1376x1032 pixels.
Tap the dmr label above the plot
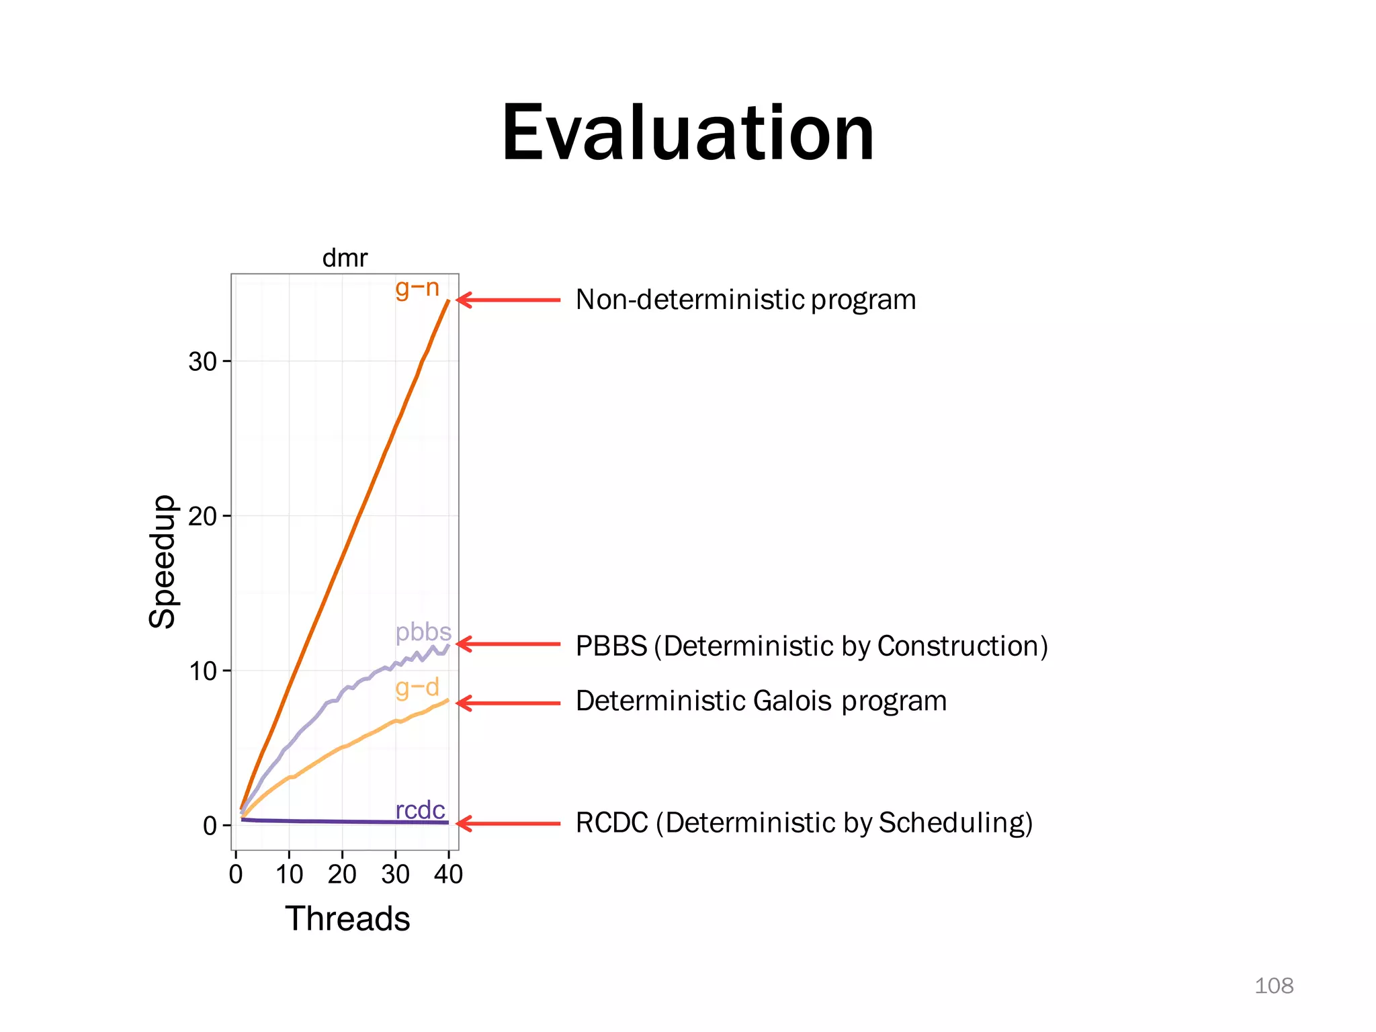click(345, 258)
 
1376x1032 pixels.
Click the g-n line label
click(417, 288)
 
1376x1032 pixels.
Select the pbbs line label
click(423, 632)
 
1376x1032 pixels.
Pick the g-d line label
click(417, 687)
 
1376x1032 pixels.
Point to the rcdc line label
click(420, 810)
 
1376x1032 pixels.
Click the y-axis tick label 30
click(202, 362)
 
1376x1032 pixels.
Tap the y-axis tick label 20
click(202, 517)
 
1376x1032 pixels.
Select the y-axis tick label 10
click(202, 671)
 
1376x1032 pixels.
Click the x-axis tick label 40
click(448, 875)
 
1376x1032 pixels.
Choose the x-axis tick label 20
click(342, 875)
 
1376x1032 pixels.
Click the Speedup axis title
click(162, 562)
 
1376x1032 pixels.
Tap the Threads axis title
click(347, 918)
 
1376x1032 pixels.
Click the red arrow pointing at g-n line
click(508, 300)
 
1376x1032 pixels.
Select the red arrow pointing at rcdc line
click(508, 823)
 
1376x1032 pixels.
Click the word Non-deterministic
click(689, 300)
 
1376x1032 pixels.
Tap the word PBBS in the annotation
click(611, 646)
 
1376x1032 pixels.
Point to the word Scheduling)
click(955, 823)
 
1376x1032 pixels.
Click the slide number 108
click(1273, 986)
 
